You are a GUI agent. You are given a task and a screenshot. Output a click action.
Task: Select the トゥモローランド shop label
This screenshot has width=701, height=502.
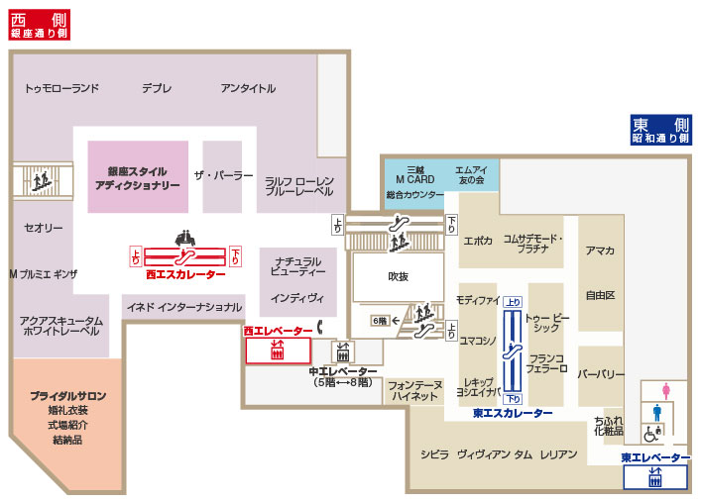point(62,88)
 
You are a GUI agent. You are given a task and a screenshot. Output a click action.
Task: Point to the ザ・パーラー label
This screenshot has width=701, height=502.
point(223,174)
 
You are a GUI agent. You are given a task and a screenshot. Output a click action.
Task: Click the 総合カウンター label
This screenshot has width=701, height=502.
point(413,195)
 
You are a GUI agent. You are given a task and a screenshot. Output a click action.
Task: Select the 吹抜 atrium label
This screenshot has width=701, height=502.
point(398,277)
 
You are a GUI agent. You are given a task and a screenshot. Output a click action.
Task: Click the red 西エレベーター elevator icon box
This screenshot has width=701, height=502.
point(278,351)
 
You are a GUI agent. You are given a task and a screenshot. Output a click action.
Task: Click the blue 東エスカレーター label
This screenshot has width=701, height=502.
point(513,413)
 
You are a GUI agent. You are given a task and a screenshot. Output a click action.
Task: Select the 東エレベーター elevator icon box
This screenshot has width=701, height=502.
point(654,478)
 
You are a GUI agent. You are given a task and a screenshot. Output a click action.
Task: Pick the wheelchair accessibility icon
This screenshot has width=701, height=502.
point(652,433)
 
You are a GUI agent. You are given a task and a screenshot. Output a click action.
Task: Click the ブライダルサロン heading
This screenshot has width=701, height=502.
point(67,395)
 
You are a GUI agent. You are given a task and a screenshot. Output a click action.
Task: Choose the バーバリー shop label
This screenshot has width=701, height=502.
point(600,374)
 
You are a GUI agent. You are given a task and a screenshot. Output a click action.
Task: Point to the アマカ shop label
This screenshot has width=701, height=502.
point(600,251)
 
